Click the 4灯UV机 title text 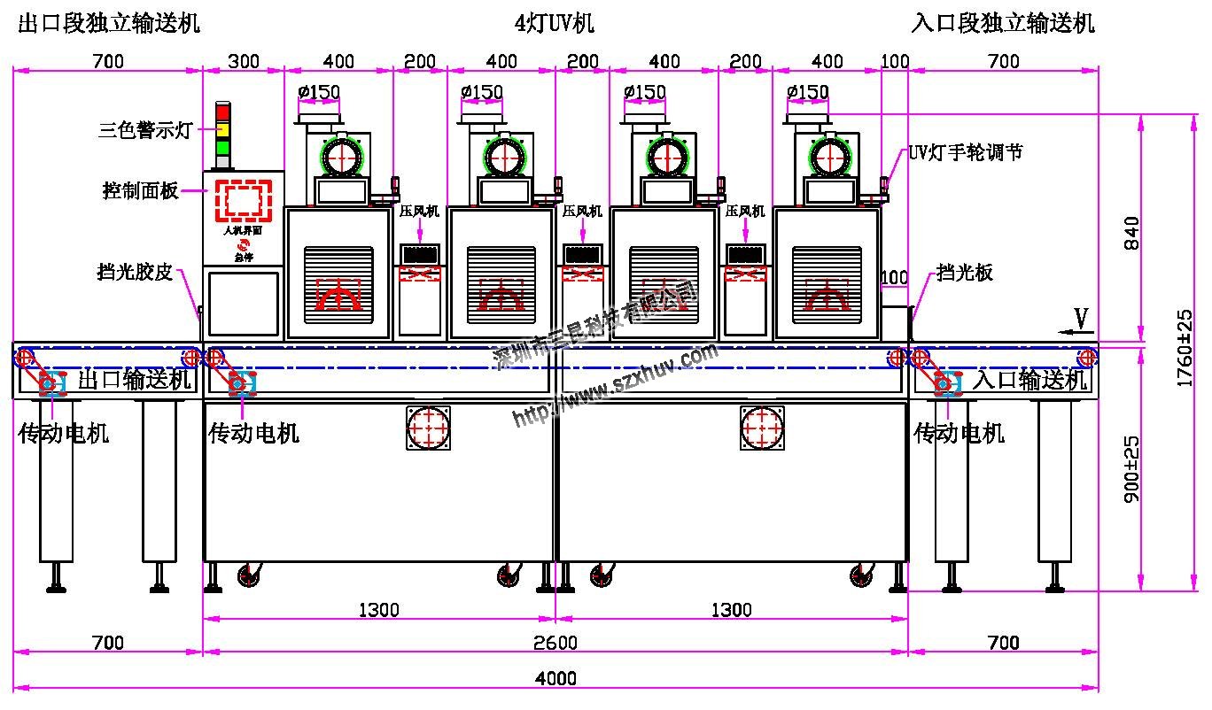(x=555, y=23)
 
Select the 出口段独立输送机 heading (x=109, y=23)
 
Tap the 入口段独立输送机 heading (x=1003, y=23)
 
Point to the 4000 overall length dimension (x=556, y=678)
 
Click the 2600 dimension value (x=556, y=642)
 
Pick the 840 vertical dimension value (x=1131, y=233)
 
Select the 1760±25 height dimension (x=1184, y=347)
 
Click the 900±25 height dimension (x=1131, y=469)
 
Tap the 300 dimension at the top (x=244, y=62)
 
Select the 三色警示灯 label (x=144, y=131)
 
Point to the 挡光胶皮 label (x=135, y=272)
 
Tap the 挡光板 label (x=965, y=272)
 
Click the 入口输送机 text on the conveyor (x=1029, y=381)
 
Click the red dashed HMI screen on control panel (x=244, y=200)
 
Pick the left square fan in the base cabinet (x=429, y=428)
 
